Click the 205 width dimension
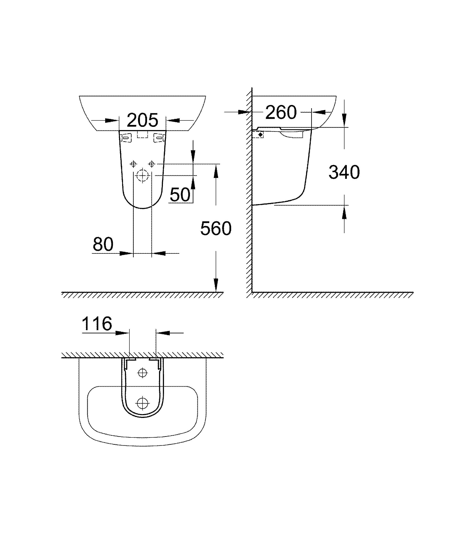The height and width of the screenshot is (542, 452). tap(143, 120)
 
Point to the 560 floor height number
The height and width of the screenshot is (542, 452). tap(216, 228)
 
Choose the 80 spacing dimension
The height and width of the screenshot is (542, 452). tap(103, 244)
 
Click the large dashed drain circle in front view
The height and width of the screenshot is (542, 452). tap(143, 176)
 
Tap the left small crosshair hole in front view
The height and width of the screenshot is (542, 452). tap(133, 164)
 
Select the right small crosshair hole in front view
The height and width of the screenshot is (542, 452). tap(152, 164)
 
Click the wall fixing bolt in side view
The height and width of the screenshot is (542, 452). tap(260, 134)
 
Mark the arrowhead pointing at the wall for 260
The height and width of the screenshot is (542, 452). tap(245, 112)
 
